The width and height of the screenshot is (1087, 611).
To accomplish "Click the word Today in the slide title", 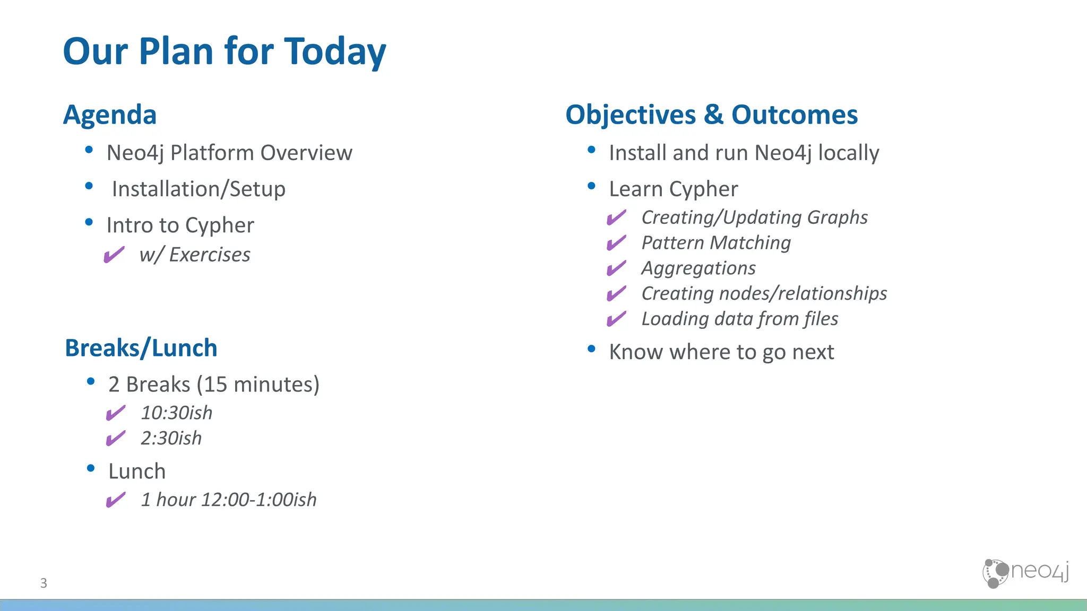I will (335, 52).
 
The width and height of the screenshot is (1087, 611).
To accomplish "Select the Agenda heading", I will (110, 115).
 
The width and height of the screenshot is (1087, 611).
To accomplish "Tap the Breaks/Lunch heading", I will (141, 348).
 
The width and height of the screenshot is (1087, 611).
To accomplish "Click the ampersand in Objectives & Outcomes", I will (713, 115).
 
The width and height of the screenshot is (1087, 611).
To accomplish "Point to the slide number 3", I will (44, 583).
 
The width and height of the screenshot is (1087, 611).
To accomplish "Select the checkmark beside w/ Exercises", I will (114, 255).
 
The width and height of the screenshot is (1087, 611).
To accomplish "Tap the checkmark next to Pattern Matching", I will (616, 243).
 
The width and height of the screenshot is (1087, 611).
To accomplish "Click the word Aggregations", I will (698, 268).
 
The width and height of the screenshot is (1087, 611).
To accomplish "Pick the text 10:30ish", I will (176, 413).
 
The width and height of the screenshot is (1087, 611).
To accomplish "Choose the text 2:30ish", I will (171, 439).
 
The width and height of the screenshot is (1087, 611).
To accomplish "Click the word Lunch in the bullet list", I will (137, 472).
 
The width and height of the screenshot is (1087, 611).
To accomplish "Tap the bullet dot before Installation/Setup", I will (89, 186).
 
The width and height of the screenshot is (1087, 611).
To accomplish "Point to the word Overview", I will (306, 153).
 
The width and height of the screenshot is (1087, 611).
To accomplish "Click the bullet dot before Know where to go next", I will (592, 349).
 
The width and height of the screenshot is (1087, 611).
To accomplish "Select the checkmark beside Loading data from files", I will (616, 319).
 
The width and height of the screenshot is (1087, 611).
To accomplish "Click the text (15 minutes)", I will (258, 385).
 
